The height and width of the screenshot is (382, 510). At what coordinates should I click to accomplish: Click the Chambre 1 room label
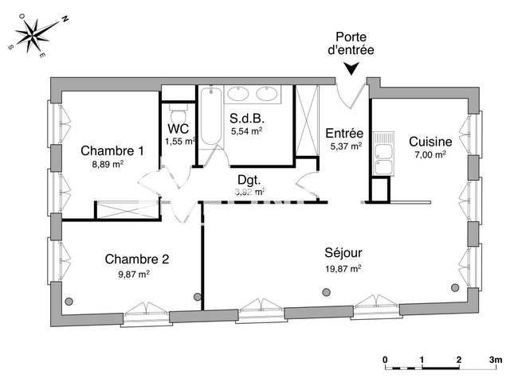tap(112, 151)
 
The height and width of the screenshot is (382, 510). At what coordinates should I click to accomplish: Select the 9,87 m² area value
tap(132, 275)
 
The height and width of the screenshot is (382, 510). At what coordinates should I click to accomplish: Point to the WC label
tap(178, 128)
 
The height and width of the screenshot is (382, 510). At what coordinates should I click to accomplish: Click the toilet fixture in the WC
tap(178, 107)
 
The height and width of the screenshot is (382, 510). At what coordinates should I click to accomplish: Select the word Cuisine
tap(430, 141)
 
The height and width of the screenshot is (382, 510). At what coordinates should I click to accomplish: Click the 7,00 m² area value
tap(430, 154)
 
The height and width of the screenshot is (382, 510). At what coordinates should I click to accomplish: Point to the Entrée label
tap(344, 133)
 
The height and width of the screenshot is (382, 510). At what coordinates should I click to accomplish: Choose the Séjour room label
tap(344, 255)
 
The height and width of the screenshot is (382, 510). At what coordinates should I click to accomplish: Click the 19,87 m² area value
tap(343, 269)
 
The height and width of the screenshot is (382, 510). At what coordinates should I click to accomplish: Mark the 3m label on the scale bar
tap(496, 360)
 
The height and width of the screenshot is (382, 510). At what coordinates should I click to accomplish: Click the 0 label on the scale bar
tap(385, 360)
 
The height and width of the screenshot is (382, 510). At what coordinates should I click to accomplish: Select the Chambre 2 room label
tap(137, 259)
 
